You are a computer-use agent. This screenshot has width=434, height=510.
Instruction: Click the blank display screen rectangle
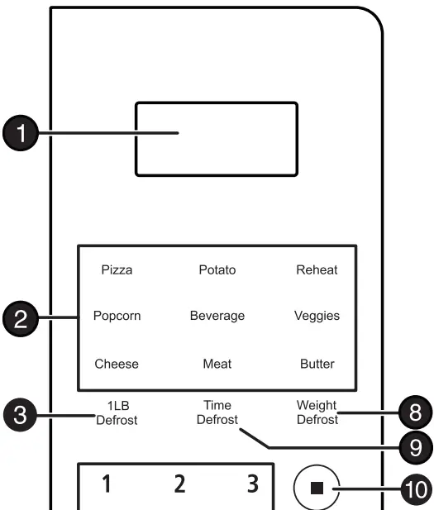click(x=216, y=139)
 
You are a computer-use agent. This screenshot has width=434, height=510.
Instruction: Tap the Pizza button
click(x=117, y=269)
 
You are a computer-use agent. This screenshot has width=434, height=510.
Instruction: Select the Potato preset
click(x=217, y=269)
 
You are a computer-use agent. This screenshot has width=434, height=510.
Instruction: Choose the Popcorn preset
click(x=117, y=317)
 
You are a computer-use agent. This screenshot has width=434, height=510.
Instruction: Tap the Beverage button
click(x=217, y=317)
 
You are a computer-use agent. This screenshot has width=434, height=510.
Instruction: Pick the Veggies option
click(x=317, y=317)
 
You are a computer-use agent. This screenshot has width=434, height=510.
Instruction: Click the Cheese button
click(x=117, y=364)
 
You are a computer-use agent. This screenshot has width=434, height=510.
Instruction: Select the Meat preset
click(x=217, y=364)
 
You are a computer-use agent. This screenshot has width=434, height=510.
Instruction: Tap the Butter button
click(x=317, y=364)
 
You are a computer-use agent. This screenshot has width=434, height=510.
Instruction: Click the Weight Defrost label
click(x=318, y=412)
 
